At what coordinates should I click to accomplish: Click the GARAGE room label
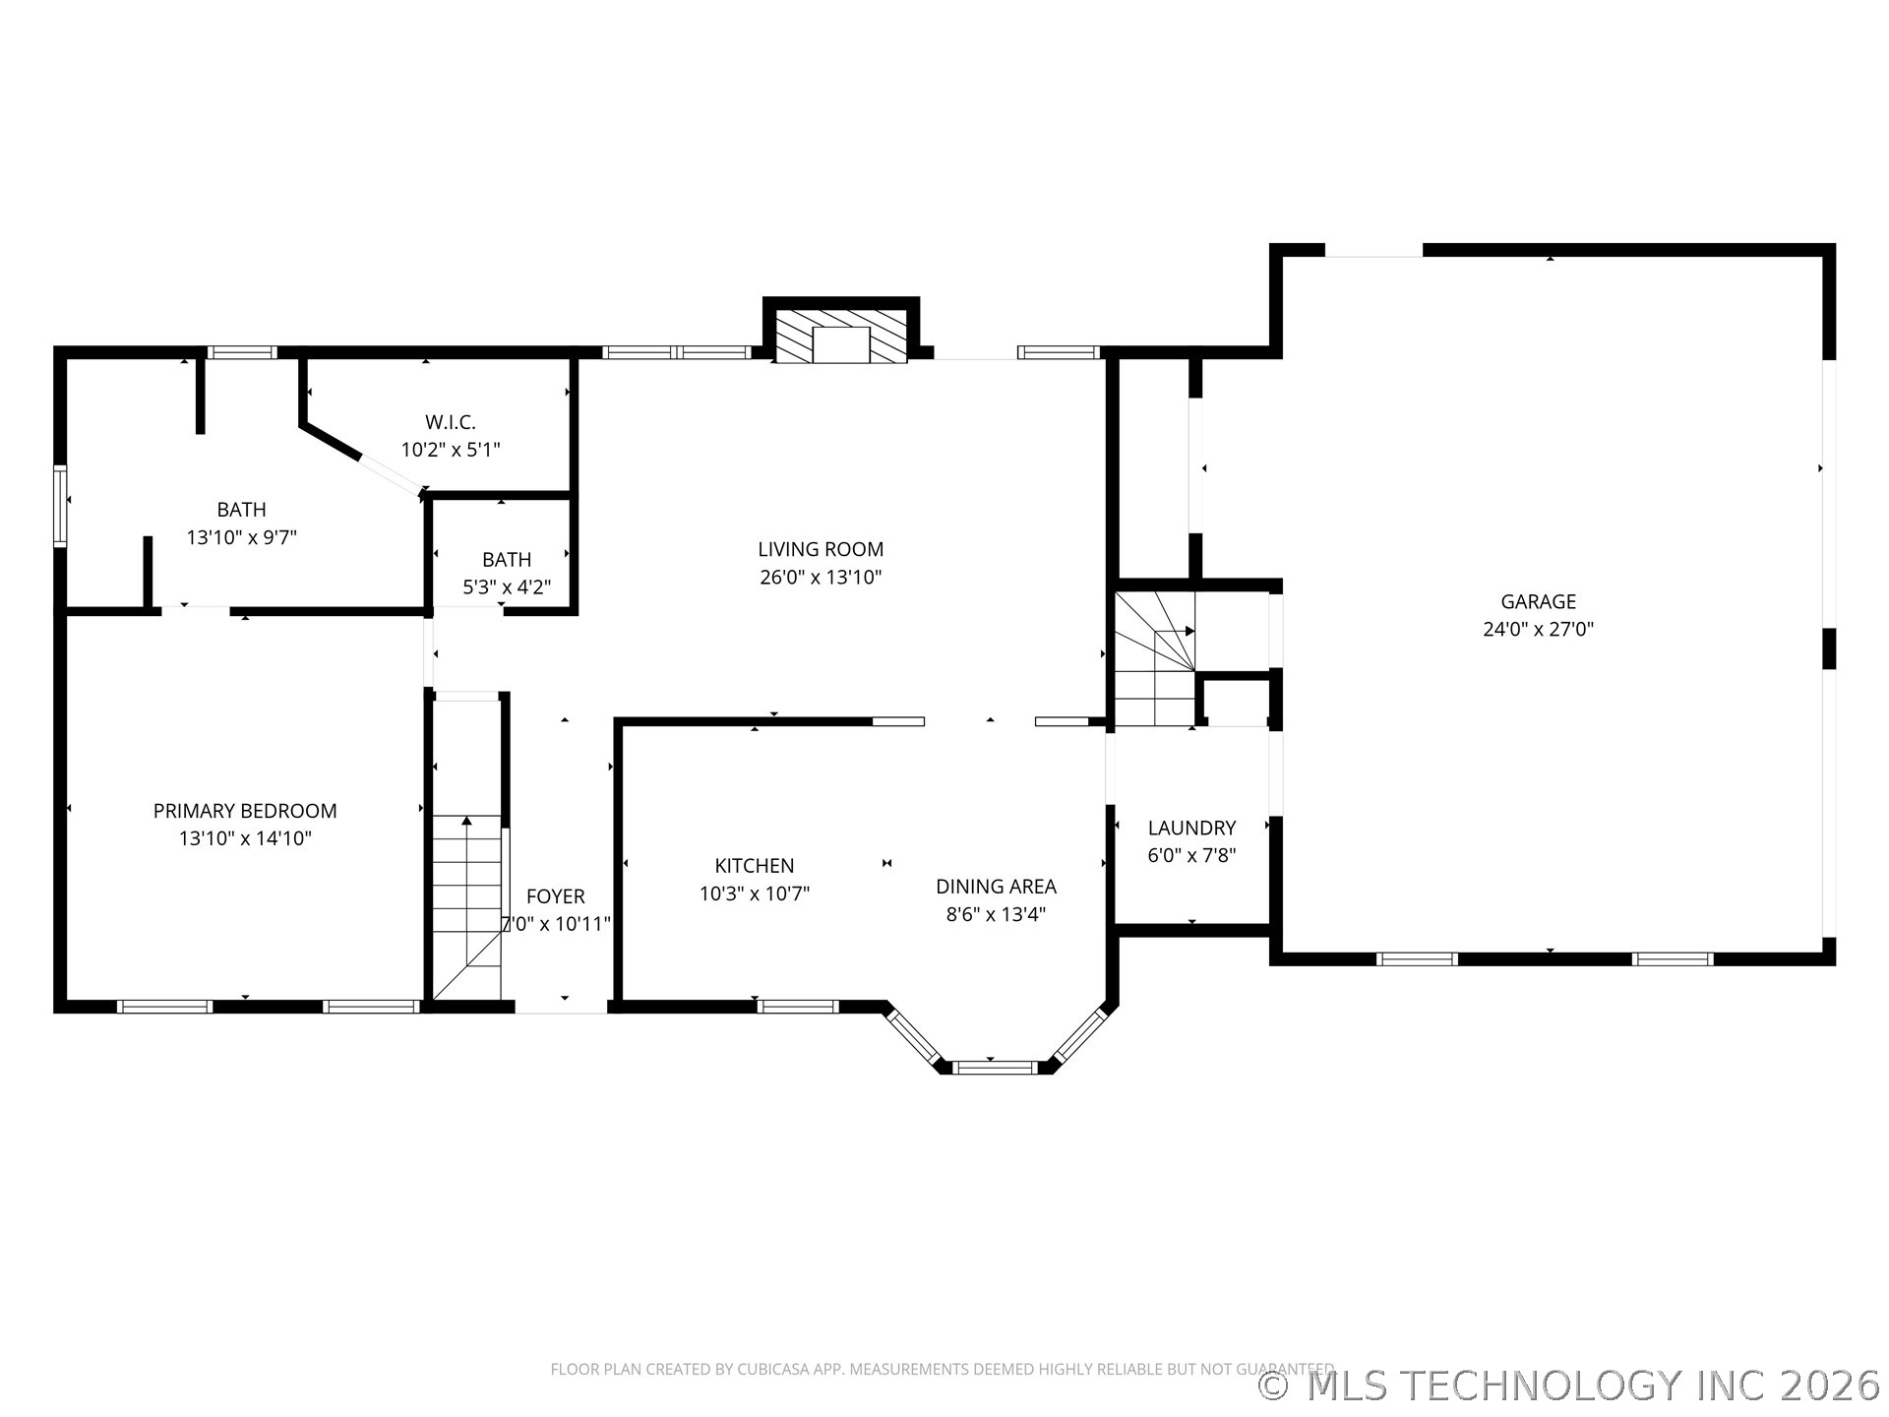[x=1538, y=601]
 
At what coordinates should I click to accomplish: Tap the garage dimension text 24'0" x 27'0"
[x=1538, y=629]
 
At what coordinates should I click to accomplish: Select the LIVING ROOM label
[x=821, y=549]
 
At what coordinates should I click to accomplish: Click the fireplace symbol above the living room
[x=841, y=338]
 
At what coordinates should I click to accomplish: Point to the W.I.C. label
[x=451, y=422]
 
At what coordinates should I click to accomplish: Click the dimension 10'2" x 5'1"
[x=451, y=450]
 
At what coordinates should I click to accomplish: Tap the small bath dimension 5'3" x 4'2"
[x=507, y=587]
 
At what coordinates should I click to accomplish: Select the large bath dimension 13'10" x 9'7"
[x=241, y=537]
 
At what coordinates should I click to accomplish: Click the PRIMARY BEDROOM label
[x=245, y=811]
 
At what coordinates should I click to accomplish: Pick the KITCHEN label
[x=755, y=866]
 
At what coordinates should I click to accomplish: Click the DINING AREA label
[x=996, y=887]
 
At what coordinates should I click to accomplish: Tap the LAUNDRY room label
[x=1191, y=828]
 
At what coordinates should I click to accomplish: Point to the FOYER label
[x=555, y=896]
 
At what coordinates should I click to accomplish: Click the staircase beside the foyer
[x=467, y=905]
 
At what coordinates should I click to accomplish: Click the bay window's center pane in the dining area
[x=995, y=1067]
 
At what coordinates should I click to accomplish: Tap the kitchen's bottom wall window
[x=798, y=1006]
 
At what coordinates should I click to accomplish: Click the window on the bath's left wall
[x=60, y=506]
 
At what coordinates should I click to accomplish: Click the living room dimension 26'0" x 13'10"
[x=821, y=578]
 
